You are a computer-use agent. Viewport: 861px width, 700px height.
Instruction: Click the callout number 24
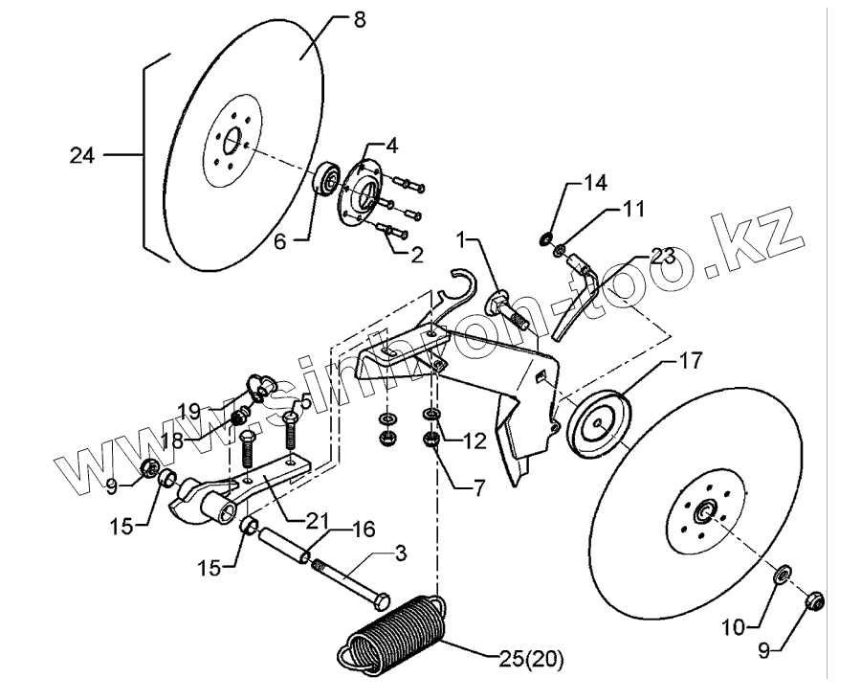pos(82,153)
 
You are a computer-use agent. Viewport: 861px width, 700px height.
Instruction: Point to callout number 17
pos(691,362)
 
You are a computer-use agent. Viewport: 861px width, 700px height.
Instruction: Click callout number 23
pos(662,256)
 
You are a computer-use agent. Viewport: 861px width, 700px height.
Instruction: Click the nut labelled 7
pos(432,441)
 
